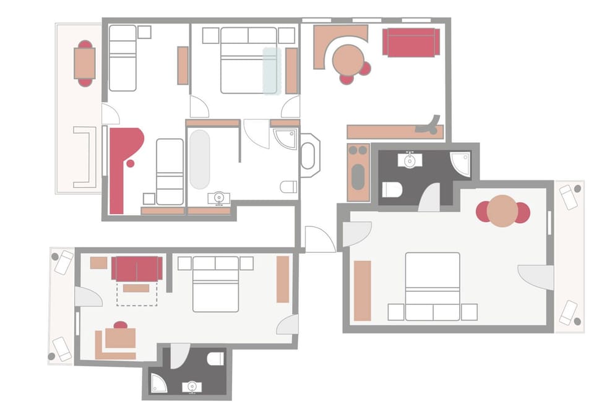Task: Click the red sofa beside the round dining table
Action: [410, 42]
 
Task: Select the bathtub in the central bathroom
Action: [199, 159]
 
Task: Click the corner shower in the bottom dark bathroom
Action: [158, 383]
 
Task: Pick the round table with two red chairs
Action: [502, 212]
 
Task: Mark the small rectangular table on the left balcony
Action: [85, 63]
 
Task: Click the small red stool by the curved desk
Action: [130, 163]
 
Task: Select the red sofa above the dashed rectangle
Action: [137, 268]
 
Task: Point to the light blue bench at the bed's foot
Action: [271, 71]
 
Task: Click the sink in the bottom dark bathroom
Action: [192, 387]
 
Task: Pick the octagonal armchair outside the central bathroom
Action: [309, 152]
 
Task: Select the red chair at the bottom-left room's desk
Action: [121, 325]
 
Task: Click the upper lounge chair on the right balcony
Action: [568, 197]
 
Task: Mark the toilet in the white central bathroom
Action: [288, 187]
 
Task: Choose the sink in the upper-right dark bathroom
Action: [410, 160]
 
